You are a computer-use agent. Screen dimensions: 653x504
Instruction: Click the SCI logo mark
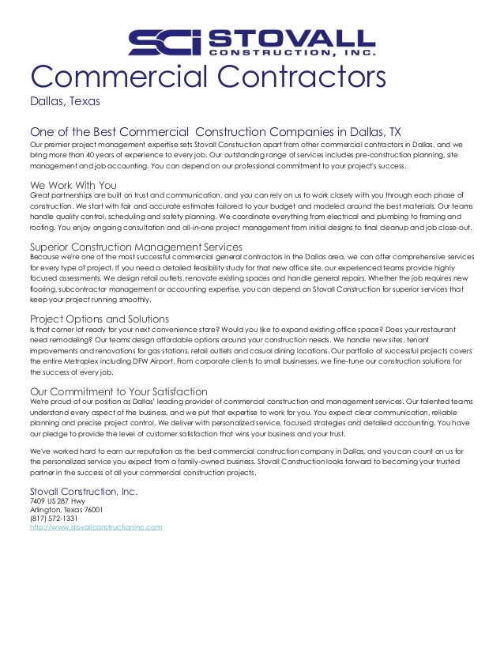point(164,43)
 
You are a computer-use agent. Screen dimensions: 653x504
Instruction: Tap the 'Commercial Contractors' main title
point(208,77)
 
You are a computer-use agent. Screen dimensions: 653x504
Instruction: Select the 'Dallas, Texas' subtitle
point(64,101)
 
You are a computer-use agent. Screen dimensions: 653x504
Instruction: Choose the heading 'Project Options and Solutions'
point(100,319)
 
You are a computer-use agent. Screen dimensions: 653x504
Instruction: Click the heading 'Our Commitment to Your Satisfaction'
point(118,391)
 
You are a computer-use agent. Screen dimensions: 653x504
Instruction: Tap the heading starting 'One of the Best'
point(215,131)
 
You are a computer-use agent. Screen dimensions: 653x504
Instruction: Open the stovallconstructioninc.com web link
point(96,526)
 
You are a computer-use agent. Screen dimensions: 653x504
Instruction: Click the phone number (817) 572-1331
point(56,518)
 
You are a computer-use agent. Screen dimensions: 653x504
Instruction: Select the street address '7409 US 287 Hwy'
point(58,501)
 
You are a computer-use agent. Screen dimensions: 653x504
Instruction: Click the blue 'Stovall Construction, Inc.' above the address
point(84,491)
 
